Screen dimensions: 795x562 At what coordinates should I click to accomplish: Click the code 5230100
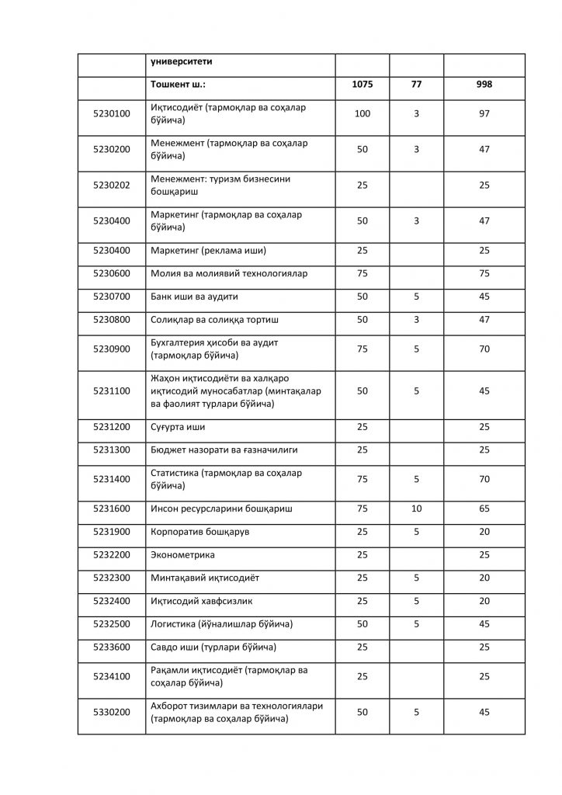(111, 113)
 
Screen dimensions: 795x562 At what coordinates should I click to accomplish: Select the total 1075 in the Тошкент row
(362, 84)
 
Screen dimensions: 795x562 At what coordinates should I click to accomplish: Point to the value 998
(484, 84)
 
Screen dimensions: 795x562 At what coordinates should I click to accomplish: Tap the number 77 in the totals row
(416, 84)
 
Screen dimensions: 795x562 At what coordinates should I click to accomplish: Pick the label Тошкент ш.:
(178, 84)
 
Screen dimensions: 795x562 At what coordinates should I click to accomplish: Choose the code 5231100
(111, 391)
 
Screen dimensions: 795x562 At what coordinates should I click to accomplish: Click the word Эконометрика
(182, 555)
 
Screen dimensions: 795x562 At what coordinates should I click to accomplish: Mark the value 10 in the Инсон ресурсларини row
(416, 509)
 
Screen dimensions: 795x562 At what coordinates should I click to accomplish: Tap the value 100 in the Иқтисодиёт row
(362, 113)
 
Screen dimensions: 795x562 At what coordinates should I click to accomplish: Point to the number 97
(484, 113)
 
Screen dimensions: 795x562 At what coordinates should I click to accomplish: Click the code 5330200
(111, 712)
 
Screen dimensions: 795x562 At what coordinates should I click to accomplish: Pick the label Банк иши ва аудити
(194, 297)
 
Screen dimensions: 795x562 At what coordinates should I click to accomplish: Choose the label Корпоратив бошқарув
(199, 532)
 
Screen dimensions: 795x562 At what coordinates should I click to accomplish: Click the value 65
(484, 509)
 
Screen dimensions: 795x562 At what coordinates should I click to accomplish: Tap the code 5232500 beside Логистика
(111, 623)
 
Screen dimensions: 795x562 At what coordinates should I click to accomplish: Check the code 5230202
(111, 185)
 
